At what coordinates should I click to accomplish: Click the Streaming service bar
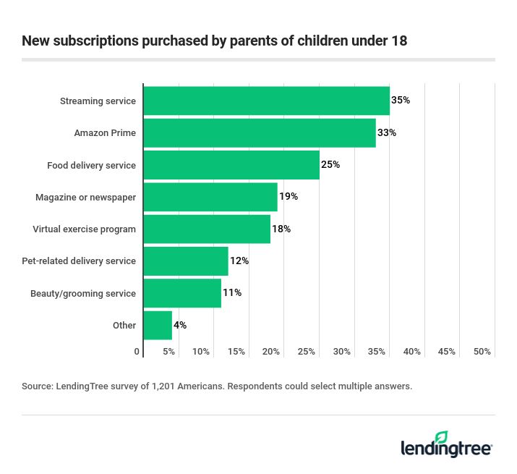tap(266, 101)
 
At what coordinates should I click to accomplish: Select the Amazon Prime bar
tap(259, 133)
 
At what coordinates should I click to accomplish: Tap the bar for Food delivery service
tap(231, 165)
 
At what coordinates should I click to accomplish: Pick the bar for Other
tap(158, 325)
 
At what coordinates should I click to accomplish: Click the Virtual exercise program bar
tap(206, 229)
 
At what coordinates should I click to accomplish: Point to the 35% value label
tap(401, 101)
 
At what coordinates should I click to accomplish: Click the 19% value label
tap(289, 197)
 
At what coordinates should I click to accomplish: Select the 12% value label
tap(239, 261)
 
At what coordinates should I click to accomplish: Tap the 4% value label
tap(180, 325)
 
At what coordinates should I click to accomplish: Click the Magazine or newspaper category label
tap(86, 197)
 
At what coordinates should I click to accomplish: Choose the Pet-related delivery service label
tap(79, 261)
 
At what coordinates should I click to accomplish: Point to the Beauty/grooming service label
tap(83, 293)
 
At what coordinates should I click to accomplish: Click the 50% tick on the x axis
tap(482, 352)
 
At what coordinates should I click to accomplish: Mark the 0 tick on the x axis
tap(137, 352)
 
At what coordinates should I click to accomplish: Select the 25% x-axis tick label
tap(307, 352)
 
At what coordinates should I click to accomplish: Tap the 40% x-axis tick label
tap(412, 352)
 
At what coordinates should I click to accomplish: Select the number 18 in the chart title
tap(399, 41)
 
